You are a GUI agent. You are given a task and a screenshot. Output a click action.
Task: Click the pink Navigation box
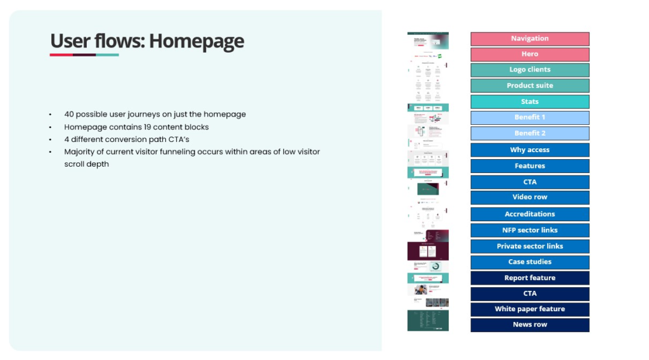click(x=529, y=39)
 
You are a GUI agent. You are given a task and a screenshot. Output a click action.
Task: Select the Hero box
click(x=529, y=55)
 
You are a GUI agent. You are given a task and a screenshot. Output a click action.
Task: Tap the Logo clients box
click(x=529, y=70)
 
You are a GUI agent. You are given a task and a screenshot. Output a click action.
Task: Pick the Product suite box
click(x=529, y=86)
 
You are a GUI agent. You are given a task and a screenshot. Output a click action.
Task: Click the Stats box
click(x=529, y=101)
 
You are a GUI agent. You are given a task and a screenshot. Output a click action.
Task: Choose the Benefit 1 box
click(x=529, y=117)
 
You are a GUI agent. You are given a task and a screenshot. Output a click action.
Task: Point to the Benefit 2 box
click(x=529, y=133)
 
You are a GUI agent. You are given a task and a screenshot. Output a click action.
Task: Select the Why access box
click(x=529, y=150)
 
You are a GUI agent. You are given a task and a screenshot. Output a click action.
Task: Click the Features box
click(x=529, y=166)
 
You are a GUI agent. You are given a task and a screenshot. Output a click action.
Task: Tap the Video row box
click(x=529, y=197)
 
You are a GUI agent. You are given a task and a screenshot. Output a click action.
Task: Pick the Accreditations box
click(x=529, y=214)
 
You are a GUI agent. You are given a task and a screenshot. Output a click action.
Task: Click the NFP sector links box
click(x=529, y=230)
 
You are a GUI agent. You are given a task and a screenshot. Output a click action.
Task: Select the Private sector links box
click(x=529, y=246)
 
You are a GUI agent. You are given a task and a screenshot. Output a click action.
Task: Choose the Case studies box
click(x=529, y=262)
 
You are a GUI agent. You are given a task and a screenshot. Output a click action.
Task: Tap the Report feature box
click(x=529, y=278)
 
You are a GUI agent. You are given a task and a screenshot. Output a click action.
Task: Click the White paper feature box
click(x=529, y=309)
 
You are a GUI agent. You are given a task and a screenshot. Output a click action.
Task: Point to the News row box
click(x=529, y=325)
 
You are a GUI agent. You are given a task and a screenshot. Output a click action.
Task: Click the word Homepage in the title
click(x=196, y=41)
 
